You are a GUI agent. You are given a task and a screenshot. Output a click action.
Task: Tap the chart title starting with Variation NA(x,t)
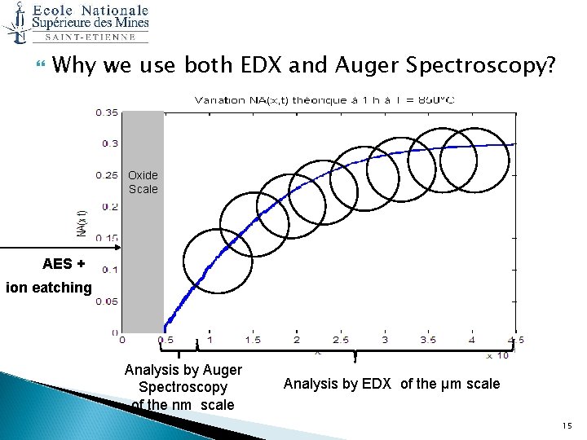(324, 99)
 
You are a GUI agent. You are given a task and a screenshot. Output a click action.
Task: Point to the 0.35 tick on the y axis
(106, 112)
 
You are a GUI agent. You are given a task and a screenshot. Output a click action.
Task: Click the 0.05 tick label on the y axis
(106, 301)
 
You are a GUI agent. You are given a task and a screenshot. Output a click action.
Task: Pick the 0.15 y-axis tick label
(106, 238)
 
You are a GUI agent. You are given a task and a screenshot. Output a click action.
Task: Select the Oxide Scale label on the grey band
(143, 183)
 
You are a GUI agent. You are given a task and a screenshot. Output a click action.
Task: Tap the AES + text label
(64, 263)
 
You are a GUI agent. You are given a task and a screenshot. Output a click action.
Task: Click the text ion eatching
(49, 287)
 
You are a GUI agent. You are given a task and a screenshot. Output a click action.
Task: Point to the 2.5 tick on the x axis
(340, 340)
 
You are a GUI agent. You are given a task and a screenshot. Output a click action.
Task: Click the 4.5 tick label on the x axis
(514, 340)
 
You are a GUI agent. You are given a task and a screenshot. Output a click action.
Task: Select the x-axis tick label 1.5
(253, 340)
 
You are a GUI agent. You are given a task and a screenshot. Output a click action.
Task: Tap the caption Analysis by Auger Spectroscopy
(183, 387)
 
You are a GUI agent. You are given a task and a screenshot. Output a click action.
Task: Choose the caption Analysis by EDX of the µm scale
(391, 384)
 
